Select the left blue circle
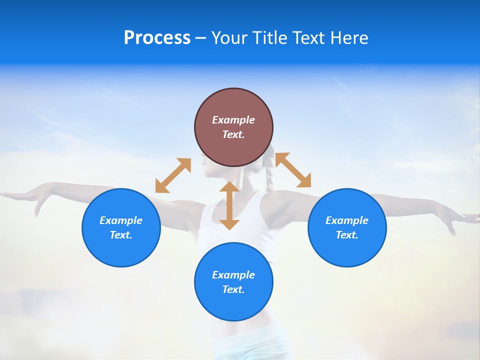click(x=121, y=227)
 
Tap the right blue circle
click(x=347, y=227)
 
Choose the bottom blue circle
click(x=233, y=282)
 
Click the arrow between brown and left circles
click(x=173, y=175)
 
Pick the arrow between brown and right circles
click(x=293, y=170)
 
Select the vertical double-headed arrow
click(x=229, y=205)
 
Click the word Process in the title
click(x=157, y=37)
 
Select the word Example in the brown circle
click(x=233, y=120)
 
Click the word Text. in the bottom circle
click(x=233, y=289)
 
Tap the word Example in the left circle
click(x=121, y=220)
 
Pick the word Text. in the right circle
click(x=347, y=235)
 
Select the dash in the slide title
click(x=201, y=38)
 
